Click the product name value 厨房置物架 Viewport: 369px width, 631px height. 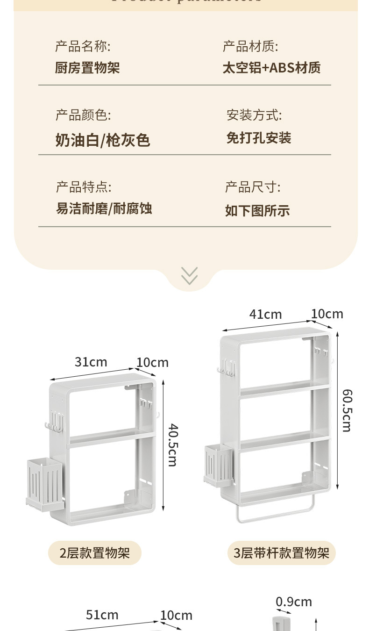click(x=87, y=68)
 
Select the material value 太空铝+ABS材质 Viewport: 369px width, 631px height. click(x=271, y=68)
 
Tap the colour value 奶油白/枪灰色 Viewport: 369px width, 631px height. click(x=103, y=140)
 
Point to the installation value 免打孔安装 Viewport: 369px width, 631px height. click(x=259, y=138)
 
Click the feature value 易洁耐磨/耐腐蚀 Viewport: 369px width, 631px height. click(x=104, y=208)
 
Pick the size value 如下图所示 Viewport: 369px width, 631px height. click(x=257, y=210)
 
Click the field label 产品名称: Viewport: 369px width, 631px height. click(x=83, y=46)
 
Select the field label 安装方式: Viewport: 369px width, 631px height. click(x=254, y=115)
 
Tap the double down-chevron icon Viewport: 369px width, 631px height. click(x=189, y=276)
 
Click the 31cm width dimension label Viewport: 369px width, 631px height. click(x=91, y=362)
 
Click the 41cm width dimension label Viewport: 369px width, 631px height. click(x=265, y=314)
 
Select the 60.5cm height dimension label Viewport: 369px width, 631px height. click(x=347, y=410)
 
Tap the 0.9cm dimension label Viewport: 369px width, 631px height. click(x=293, y=602)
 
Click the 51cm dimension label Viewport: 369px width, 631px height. click(x=102, y=615)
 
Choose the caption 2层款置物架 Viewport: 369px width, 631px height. click(x=94, y=553)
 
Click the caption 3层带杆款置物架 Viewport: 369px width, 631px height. click(x=281, y=553)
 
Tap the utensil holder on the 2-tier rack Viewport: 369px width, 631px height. click(x=45, y=484)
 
